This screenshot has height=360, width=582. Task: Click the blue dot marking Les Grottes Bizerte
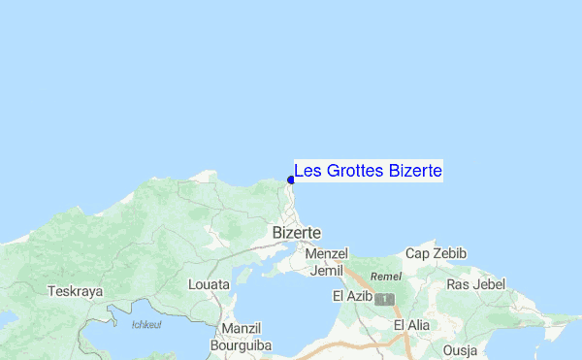tap(291, 180)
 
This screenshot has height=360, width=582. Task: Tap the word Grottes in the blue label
tap(354, 172)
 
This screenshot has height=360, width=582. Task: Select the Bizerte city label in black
tap(297, 233)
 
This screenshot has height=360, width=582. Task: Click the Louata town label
tap(210, 285)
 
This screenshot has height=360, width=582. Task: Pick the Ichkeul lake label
tap(146, 324)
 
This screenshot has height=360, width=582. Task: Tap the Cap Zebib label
tap(436, 253)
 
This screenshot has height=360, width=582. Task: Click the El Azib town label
tap(353, 295)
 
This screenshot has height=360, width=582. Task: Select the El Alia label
tap(412, 324)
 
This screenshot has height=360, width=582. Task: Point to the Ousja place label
tap(461, 349)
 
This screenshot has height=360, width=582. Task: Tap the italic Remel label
tap(386, 277)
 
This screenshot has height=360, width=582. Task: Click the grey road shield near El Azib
tap(386, 297)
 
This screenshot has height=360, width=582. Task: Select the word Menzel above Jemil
tap(326, 253)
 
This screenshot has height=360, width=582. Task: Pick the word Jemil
tap(326, 271)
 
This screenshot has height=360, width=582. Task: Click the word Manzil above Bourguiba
tap(242, 328)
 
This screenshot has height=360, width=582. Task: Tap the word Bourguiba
tap(242, 344)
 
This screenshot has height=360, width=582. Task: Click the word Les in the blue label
tap(308, 172)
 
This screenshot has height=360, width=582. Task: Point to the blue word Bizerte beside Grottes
tap(415, 172)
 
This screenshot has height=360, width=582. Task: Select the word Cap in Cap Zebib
tap(417, 253)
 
